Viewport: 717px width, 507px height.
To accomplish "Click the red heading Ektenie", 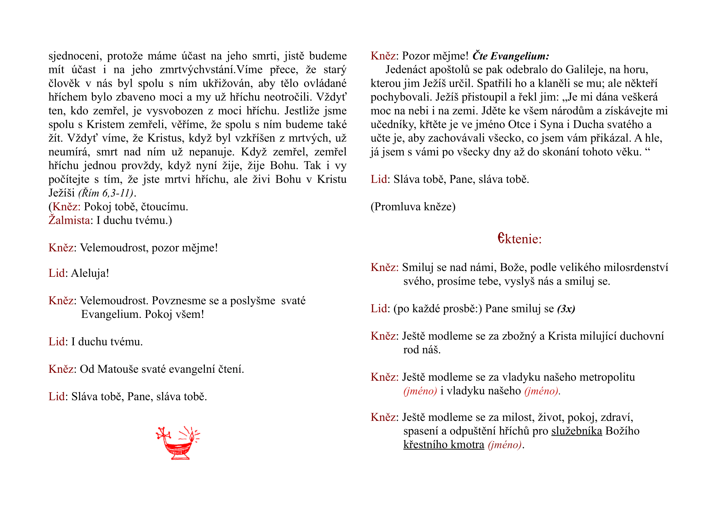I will point(519,239).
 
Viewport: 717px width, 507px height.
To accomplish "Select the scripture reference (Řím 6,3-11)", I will point(106,193).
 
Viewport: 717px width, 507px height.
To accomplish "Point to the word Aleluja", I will point(90,273).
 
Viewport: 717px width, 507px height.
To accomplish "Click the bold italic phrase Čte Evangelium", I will point(510,56).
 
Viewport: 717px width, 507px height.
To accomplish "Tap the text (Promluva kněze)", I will point(413,207).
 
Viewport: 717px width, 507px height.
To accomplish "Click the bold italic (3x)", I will point(566,309).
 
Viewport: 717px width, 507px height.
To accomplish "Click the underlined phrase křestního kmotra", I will point(444,444).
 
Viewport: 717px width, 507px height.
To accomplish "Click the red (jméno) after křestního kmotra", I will point(505,444).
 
